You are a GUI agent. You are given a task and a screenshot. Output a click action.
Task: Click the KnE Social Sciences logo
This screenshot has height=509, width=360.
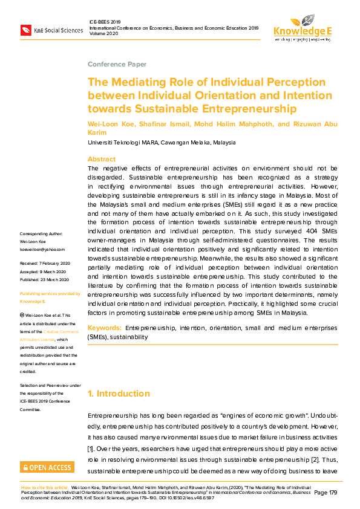pos(51,30)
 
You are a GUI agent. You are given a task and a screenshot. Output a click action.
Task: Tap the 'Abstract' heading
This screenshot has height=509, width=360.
pos(102,160)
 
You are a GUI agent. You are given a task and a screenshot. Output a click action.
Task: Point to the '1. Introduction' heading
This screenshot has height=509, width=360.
pos(119,394)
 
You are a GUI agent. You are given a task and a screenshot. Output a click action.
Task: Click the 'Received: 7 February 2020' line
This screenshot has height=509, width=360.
pos(45,264)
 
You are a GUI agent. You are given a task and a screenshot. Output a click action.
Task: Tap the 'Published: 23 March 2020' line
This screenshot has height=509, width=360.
pos(45,279)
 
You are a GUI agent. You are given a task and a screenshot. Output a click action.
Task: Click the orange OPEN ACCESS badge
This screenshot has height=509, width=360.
pos(47,467)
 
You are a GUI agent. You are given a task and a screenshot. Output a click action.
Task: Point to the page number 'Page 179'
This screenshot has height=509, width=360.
pos(326,493)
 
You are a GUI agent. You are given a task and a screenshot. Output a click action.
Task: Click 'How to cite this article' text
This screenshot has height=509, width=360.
pos(45,487)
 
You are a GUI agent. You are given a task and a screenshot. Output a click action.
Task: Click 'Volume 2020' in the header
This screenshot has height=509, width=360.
pos(103,34)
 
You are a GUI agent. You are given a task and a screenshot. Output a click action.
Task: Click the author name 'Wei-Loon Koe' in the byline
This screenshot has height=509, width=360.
pos(110,123)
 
